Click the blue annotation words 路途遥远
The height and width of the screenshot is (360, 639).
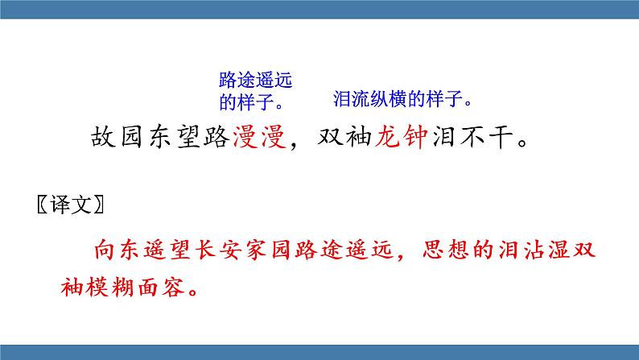(254, 81)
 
